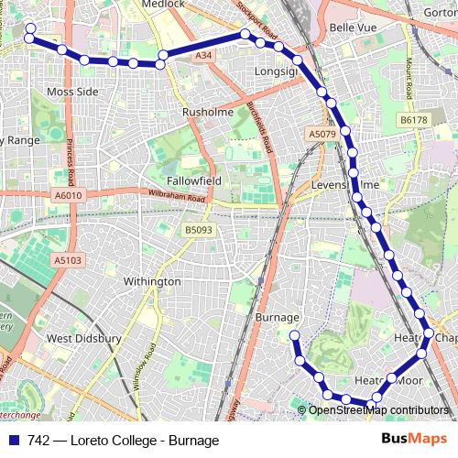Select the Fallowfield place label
point(193,181)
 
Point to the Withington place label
point(151,281)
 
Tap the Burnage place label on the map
point(278,317)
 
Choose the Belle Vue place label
point(354,28)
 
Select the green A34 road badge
point(202,56)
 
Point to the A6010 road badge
point(68,195)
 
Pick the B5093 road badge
point(197,230)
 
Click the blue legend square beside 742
point(15,440)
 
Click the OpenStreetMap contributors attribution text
point(379,409)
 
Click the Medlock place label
point(162,4)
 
